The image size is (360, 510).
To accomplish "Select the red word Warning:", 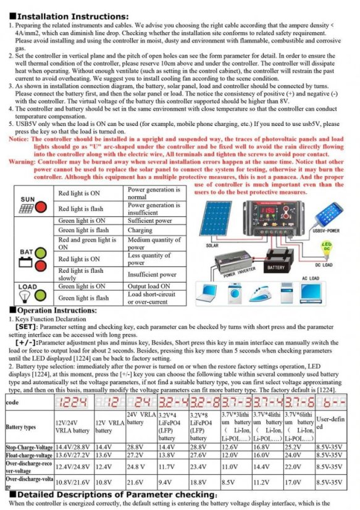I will (x=22, y=161).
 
